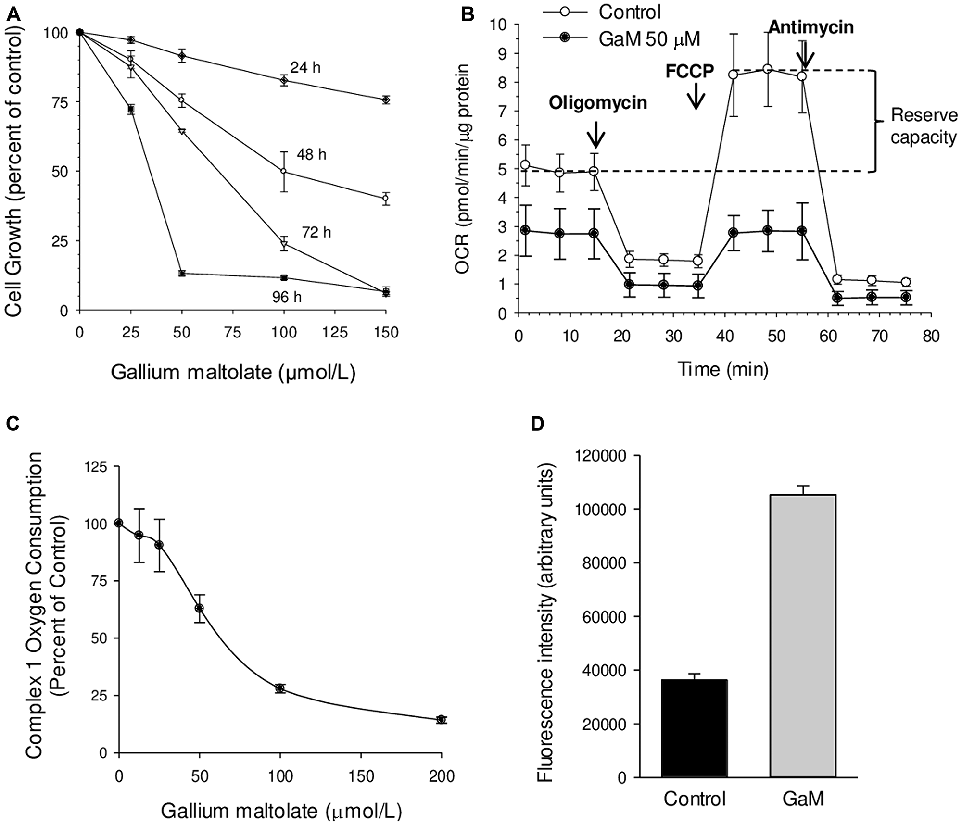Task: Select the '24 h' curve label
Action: tap(304, 68)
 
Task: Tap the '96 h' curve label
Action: tap(287, 298)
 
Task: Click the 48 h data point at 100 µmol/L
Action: tap(284, 171)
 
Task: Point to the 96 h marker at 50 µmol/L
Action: tap(182, 273)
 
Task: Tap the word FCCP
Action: tap(689, 72)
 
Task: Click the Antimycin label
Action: tap(811, 27)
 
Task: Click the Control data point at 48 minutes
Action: tap(768, 69)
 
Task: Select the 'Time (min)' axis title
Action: tap(723, 369)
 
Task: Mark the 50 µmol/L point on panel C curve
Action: tap(199, 608)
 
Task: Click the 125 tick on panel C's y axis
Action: tap(96, 466)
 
